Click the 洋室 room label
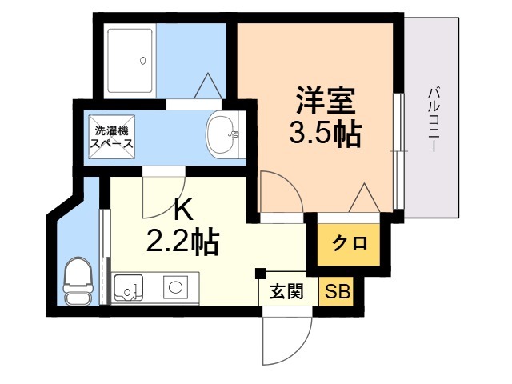pyautogui.click(x=326, y=100)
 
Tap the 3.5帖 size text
pyautogui.click(x=326, y=134)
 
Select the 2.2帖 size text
pyautogui.click(x=182, y=242)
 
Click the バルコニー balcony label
pyautogui.click(x=434, y=119)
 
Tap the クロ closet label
pyautogui.click(x=350, y=242)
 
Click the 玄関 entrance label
pyautogui.click(x=287, y=291)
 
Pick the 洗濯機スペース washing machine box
pyautogui.click(x=112, y=137)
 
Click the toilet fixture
pyautogui.click(x=77, y=281)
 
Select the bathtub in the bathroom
pyautogui.click(x=130, y=61)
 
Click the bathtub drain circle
pyautogui.click(x=142, y=61)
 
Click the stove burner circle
pyautogui.click(x=176, y=287)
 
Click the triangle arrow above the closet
pyautogui.click(x=365, y=198)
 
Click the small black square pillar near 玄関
pyautogui.click(x=261, y=274)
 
